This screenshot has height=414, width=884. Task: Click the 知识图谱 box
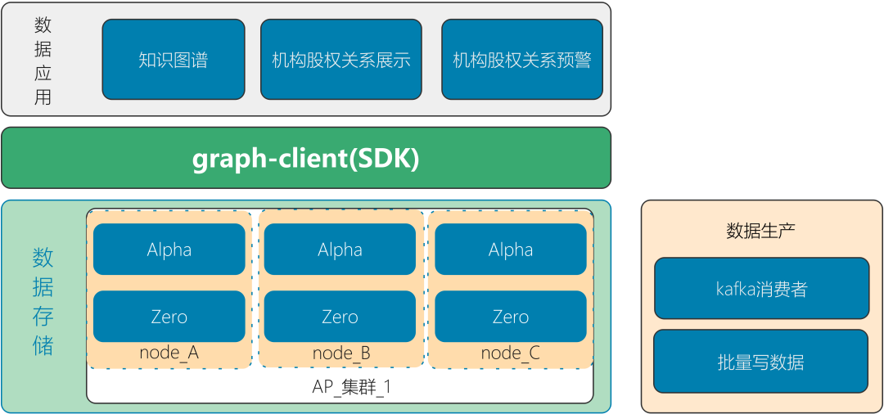click(173, 60)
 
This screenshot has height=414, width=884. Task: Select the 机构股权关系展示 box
click(341, 60)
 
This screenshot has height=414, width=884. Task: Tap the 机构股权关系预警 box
click(521, 60)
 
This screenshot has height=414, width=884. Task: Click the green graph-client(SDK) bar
click(305, 158)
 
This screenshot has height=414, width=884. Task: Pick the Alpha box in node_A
click(169, 250)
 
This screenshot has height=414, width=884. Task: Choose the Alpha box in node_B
click(340, 250)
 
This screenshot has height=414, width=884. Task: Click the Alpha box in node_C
click(510, 250)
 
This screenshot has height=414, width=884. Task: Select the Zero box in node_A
click(169, 317)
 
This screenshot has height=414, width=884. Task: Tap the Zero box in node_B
click(340, 317)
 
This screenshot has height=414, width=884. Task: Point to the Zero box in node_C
click(510, 317)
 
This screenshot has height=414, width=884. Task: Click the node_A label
click(169, 353)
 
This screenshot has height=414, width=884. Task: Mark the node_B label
click(341, 354)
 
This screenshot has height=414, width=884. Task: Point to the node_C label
click(510, 353)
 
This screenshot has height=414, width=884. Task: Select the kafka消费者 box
click(761, 289)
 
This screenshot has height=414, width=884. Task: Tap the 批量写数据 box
click(760, 362)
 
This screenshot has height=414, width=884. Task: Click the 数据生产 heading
click(760, 231)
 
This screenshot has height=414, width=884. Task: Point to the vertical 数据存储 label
click(43, 301)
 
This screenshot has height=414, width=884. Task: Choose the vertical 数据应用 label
click(43, 61)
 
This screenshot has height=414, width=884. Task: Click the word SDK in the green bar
click(384, 158)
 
